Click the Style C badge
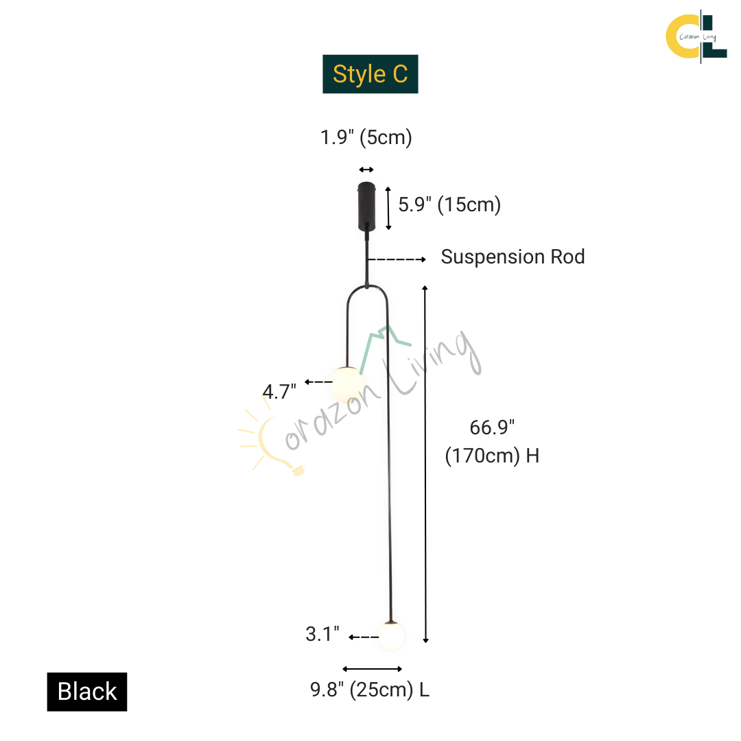click(370, 74)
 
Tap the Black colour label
click(87, 692)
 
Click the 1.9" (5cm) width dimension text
click(366, 137)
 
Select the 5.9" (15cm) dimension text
click(449, 204)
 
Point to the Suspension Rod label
click(513, 257)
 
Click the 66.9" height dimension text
click(492, 427)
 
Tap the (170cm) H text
click(492, 456)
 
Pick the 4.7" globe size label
click(279, 392)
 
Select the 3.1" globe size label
click(322, 634)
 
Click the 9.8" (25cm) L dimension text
click(370, 690)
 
